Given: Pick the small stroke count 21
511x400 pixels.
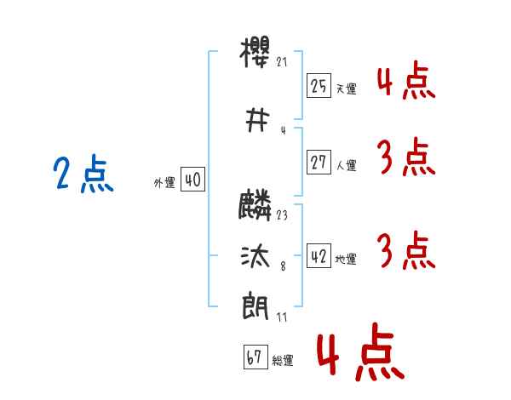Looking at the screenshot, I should [283, 62].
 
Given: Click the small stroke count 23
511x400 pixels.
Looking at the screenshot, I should [283, 215].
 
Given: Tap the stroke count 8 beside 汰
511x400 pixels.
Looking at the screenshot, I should [282, 266].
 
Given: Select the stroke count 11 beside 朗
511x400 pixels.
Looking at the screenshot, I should [283, 317].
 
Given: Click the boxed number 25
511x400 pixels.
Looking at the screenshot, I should [319, 85].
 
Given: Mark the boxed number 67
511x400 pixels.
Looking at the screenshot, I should [253, 358].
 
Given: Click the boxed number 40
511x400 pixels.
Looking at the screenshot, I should [192, 180].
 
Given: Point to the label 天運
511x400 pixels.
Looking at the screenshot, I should [346, 89].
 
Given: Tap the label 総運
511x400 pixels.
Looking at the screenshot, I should [283, 362].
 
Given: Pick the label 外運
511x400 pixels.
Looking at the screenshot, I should [164, 183].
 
